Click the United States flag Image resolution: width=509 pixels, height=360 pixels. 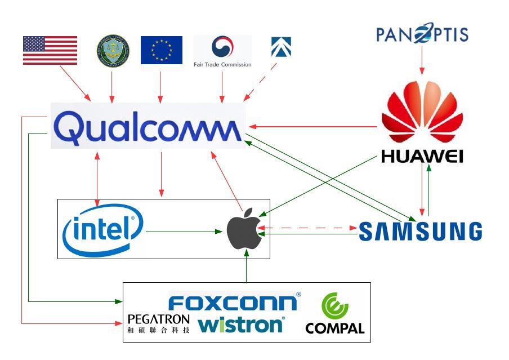[x=50, y=50]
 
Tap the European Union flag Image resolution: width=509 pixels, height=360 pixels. [x=161, y=50]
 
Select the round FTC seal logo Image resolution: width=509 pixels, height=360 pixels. [x=113, y=50]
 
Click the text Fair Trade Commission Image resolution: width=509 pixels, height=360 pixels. [x=223, y=64]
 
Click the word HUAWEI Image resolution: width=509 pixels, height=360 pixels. [x=422, y=155]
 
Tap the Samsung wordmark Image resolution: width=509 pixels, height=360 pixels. [x=421, y=232]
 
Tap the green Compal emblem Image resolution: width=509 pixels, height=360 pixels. [x=334, y=308]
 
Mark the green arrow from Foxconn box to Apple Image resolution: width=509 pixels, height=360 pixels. [x=247, y=267]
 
